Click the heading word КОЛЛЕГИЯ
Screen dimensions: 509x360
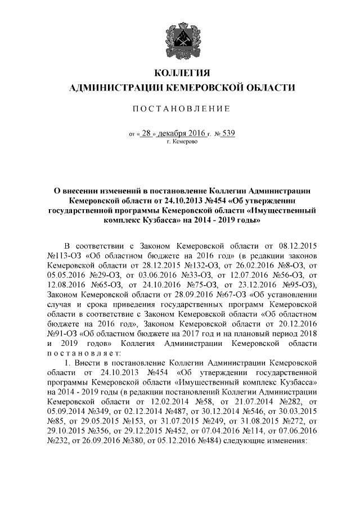pos(181,74)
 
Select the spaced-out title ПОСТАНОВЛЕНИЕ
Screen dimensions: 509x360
pos(181,108)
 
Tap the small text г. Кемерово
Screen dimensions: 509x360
pos(181,143)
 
